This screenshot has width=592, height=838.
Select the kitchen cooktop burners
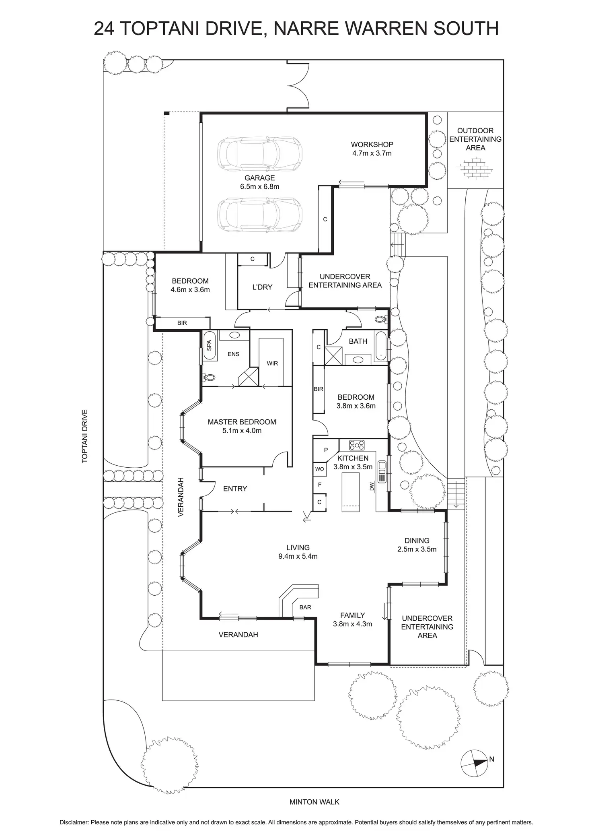click(x=357, y=445)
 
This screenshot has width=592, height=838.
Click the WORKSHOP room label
click(x=372, y=144)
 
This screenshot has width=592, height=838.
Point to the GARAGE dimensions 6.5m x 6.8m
click(x=259, y=187)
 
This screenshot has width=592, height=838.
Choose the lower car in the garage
click(x=259, y=214)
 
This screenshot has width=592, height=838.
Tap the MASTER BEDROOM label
click(x=242, y=422)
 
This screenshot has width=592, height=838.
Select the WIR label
click(x=272, y=363)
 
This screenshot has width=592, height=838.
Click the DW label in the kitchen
click(x=372, y=486)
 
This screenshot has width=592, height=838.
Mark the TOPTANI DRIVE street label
click(x=85, y=436)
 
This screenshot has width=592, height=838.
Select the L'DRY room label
click(x=262, y=287)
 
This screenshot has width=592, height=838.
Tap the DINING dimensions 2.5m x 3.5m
click(x=417, y=549)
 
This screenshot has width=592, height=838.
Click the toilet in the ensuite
click(x=209, y=377)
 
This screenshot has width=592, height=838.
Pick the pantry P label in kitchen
click(x=326, y=450)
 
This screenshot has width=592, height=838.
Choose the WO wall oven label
click(x=319, y=469)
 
